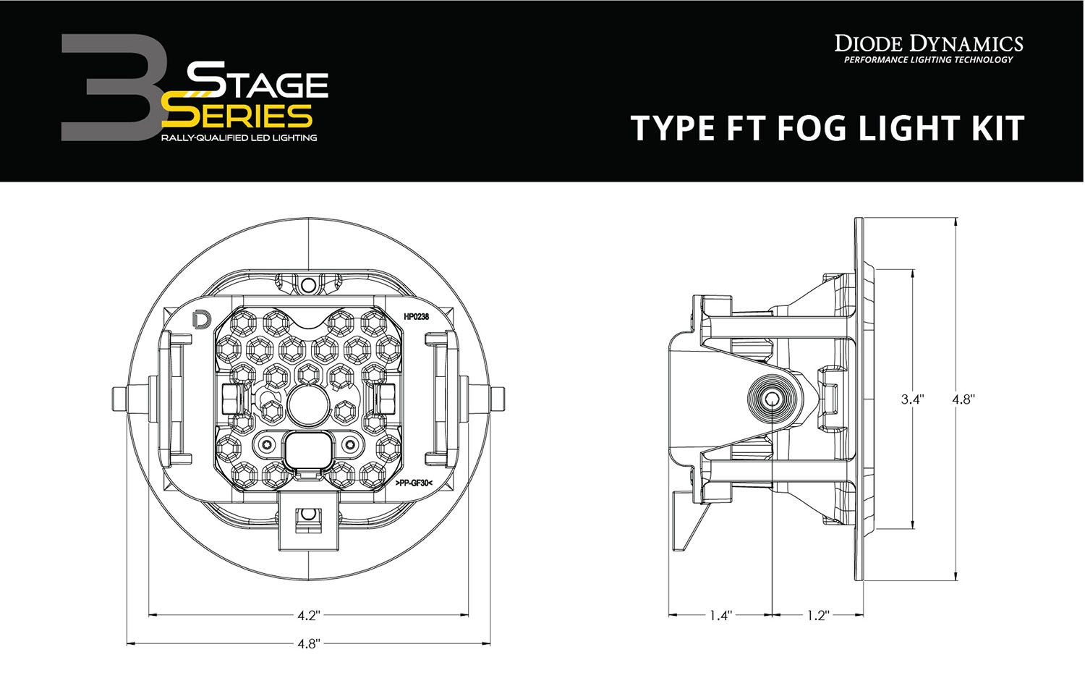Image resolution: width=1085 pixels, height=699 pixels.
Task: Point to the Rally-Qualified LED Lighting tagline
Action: pyautogui.click(x=239, y=137)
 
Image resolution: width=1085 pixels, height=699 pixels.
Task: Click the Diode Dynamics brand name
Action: pyautogui.click(x=929, y=43)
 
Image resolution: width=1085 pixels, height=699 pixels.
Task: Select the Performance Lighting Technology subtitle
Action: pyautogui.click(x=929, y=60)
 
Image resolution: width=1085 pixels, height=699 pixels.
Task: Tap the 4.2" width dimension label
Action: pyautogui.click(x=308, y=616)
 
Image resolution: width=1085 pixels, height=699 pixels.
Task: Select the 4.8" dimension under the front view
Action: pyautogui.click(x=308, y=644)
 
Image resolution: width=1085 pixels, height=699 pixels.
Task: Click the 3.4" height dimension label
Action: pyautogui.click(x=912, y=399)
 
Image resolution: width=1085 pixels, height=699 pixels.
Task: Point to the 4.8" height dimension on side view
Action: pyautogui.click(x=963, y=399)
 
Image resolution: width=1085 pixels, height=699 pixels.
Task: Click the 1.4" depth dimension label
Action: pyautogui.click(x=720, y=616)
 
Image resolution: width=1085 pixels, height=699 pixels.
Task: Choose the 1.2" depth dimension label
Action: pyautogui.click(x=817, y=616)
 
